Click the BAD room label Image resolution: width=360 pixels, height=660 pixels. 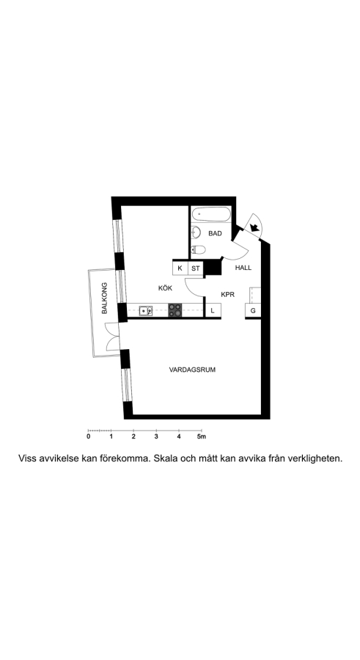coord(215,233)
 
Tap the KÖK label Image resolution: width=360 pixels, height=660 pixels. coord(165,288)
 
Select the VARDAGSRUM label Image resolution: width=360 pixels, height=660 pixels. coord(192,370)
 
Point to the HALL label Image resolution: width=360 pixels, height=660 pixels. coord(243,268)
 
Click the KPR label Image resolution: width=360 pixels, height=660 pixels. coord(228,295)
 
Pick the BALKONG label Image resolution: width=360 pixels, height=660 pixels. coord(104,298)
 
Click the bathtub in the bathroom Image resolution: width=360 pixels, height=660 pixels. coord(211,215)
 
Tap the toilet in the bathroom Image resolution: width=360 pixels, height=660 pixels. coord(198,250)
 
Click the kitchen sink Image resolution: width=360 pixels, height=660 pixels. coord(146,311)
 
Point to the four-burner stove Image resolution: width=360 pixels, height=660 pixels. coord(176,310)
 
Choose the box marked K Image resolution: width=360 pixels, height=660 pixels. coord(180,268)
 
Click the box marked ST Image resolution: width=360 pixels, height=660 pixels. coord(196,268)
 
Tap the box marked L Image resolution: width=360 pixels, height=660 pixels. coord(213,311)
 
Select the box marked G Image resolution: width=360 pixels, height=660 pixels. coord(253,311)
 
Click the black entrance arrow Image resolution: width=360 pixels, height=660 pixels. coord(254,228)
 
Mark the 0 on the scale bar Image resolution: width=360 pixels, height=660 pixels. coord(89,436)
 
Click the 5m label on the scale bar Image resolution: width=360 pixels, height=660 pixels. coord(202,436)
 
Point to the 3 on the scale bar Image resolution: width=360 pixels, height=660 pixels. coord(156,436)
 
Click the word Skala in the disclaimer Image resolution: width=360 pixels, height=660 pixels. coord(166,458)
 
